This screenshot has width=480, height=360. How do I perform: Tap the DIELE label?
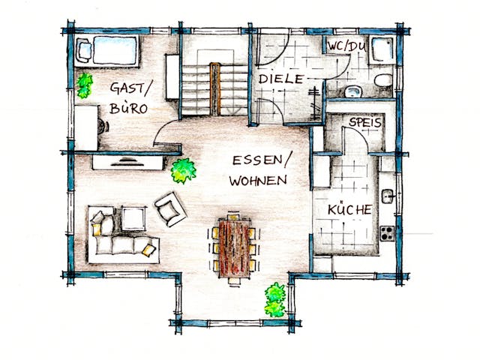(x=281, y=79)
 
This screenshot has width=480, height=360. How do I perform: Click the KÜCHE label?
(x=349, y=210)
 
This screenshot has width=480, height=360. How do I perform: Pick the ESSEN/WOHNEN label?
(x=259, y=170)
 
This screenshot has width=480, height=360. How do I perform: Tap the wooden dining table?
(x=235, y=247)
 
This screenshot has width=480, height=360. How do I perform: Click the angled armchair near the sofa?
(x=171, y=208)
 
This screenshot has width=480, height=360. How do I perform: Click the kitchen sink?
(x=387, y=196)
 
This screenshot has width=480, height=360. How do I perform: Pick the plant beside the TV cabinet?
(x=182, y=170)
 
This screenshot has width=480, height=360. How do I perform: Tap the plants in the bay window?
(x=275, y=298)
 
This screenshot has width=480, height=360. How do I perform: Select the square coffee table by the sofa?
(x=133, y=218)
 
